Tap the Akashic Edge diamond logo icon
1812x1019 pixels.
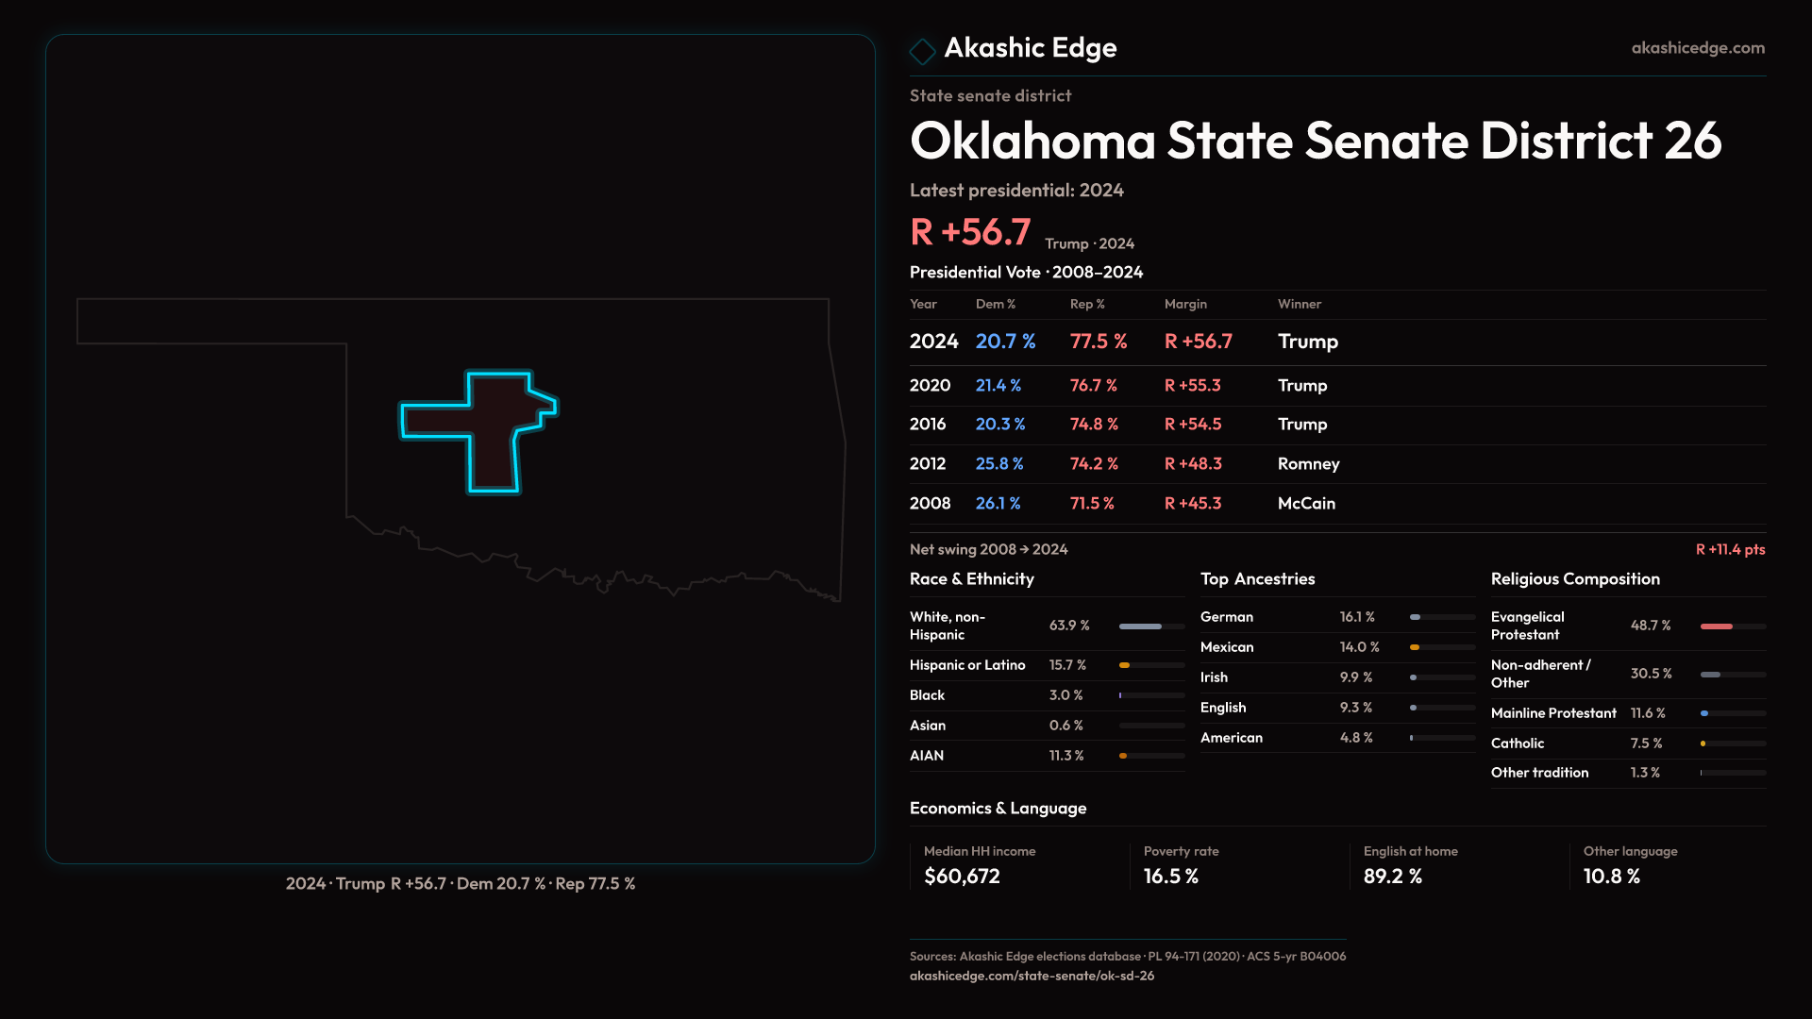tap(922, 50)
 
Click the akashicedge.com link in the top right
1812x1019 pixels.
tap(1698, 48)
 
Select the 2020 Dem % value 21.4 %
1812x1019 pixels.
tap(998, 386)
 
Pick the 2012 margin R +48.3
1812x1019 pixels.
tap(1193, 464)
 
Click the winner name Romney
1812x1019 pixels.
tap(1308, 464)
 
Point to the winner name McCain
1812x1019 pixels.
tap(1306, 504)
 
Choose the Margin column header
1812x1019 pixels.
tap(1185, 304)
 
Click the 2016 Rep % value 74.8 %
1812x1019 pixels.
tap(1094, 425)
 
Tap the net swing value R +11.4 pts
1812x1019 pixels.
tap(1730, 550)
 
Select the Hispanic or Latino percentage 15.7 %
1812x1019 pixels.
tap(1067, 665)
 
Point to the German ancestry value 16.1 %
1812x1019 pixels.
tap(1357, 617)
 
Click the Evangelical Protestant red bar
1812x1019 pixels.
tap(1716, 626)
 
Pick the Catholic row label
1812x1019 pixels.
tap(1518, 743)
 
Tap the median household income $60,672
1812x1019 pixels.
tap(962, 877)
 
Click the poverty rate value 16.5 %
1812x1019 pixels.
tap(1170, 877)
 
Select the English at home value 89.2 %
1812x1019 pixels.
tap(1392, 877)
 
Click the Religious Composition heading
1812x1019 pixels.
tap(1575, 579)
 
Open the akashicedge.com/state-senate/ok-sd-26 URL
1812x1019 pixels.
tap(1032, 977)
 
